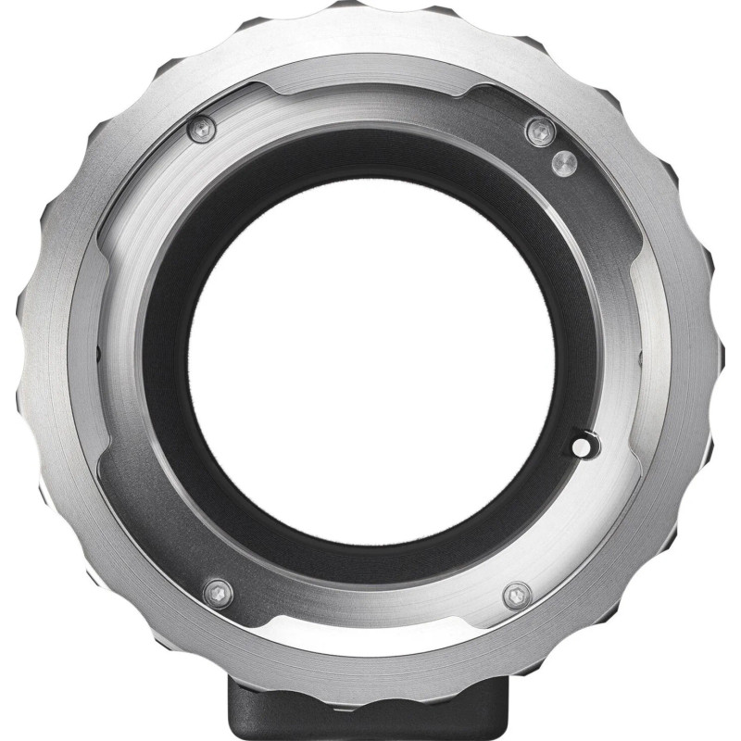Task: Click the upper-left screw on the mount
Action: pyautogui.click(x=201, y=130)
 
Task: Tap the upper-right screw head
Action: pyautogui.click(x=540, y=131)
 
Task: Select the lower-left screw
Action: pyautogui.click(x=217, y=590)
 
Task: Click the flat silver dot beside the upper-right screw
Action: pyautogui.click(x=560, y=161)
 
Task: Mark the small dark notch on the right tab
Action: pyautogui.click(x=645, y=356)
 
